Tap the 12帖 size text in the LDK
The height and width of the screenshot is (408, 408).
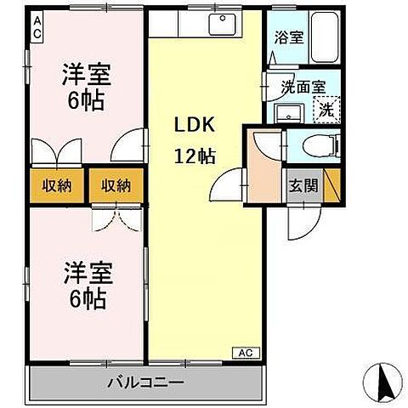195,156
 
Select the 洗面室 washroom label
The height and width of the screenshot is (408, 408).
303,86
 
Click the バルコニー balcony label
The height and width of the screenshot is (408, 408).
144,383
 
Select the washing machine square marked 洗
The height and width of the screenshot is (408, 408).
326,108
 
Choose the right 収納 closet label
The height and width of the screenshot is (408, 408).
113,184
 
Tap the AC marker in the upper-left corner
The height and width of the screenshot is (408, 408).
38,27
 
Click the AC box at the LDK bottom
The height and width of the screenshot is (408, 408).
243,352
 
